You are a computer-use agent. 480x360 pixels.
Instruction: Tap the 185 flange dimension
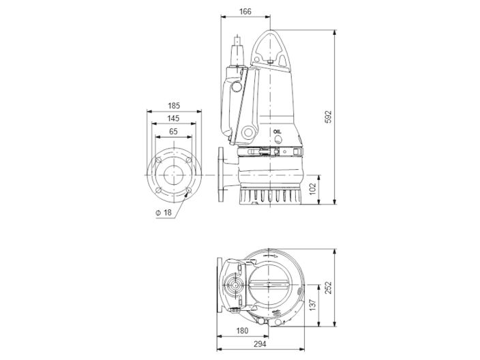[x=173, y=106]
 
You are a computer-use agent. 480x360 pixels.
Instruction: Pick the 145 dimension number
[x=173, y=119]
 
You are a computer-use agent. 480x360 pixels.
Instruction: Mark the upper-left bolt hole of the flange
[x=158, y=162]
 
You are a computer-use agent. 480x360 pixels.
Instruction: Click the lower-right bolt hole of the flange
[x=189, y=192]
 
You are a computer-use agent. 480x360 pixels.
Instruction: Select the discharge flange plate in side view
[x=220, y=175]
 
